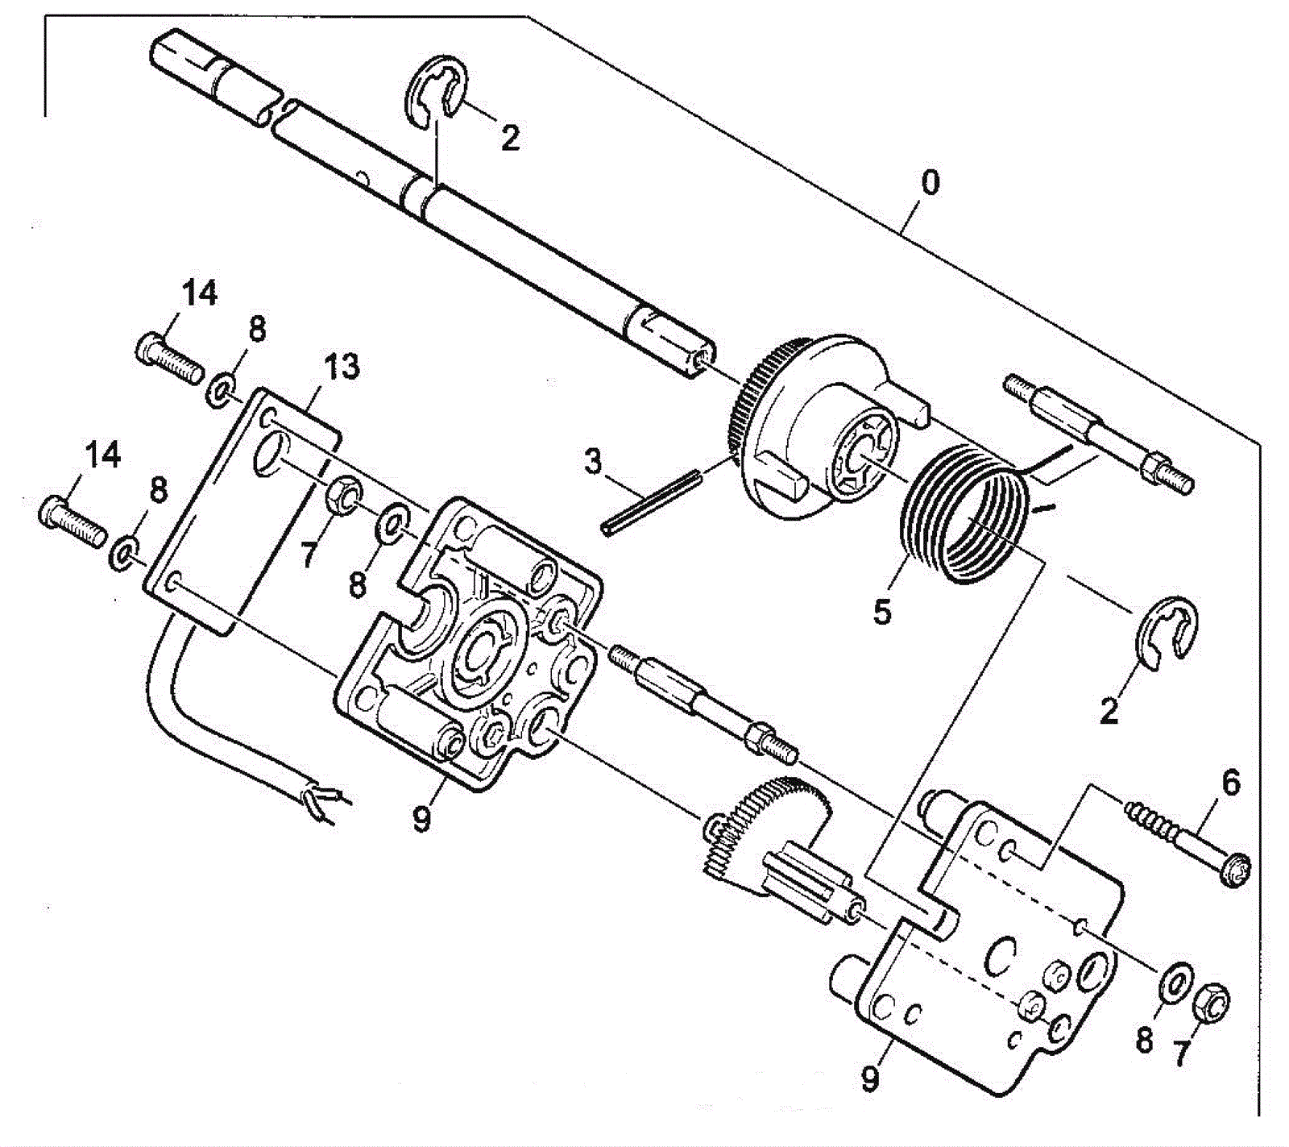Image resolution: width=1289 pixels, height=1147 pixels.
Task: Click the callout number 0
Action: click(x=930, y=182)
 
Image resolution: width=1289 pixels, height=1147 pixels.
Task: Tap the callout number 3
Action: click(x=593, y=463)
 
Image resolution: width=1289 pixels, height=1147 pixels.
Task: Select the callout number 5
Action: click(x=883, y=612)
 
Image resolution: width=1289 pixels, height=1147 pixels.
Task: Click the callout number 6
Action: click(x=1231, y=783)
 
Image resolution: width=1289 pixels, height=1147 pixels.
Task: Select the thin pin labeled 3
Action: click(x=653, y=503)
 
